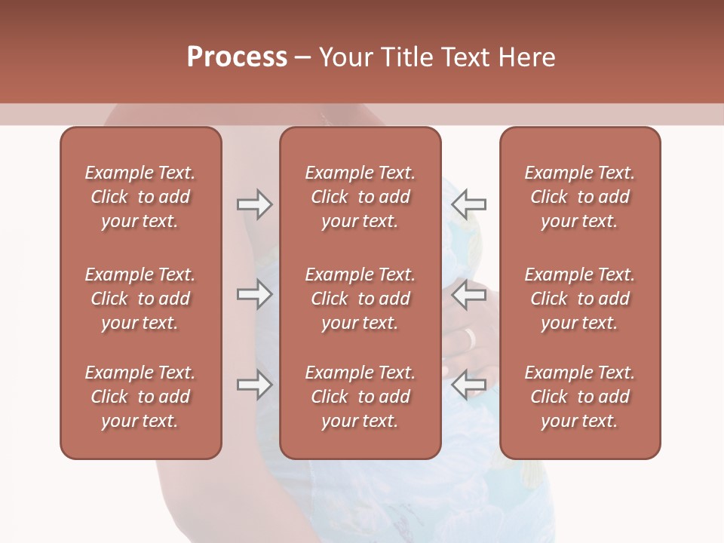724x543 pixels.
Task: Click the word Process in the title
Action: tap(237, 57)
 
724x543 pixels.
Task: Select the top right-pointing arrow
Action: tap(254, 204)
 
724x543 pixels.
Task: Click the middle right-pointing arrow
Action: tap(254, 294)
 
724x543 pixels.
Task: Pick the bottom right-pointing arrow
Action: tap(254, 385)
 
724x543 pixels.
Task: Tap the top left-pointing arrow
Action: tap(469, 204)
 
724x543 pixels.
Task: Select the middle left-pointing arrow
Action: tap(469, 294)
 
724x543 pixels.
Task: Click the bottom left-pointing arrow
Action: tap(469, 385)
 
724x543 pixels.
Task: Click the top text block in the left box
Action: tap(140, 197)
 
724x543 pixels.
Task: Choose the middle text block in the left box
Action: tap(140, 299)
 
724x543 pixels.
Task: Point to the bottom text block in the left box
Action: tap(140, 397)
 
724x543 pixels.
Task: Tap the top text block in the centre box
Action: tap(360, 197)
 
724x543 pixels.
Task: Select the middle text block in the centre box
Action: tap(360, 299)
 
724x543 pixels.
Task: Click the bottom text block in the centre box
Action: tap(360, 397)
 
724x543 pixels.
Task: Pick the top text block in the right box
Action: tap(579, 197)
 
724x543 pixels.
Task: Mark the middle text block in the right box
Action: tap(579, 299)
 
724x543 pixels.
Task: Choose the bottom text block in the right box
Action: tap(579, 397)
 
